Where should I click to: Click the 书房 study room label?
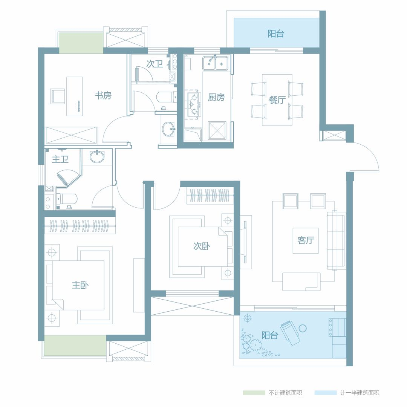click(x=103, y=95)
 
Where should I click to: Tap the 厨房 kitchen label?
click(x=216, y=97)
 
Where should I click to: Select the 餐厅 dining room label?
click(x=277, y=99)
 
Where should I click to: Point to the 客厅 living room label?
click(x=306, y=240)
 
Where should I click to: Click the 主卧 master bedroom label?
click(x=80, y=285)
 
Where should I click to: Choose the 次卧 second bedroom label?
click(x=202, y=246)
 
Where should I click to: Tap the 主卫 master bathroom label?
click(x=60, y=159)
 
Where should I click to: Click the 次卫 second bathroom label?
click(x=155, y=64)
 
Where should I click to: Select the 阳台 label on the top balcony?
click(x=276, y=34)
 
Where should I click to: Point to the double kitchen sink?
click(x=215, y=63)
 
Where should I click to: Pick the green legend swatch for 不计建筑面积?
click(x=254, y=393)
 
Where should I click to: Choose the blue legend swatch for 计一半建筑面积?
click(x=326, y=393)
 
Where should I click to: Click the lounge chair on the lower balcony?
click(x=290, y=333)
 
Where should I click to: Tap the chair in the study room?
click(x=58, y=96)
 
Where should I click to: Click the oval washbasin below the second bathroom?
click(x=169, y=129)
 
